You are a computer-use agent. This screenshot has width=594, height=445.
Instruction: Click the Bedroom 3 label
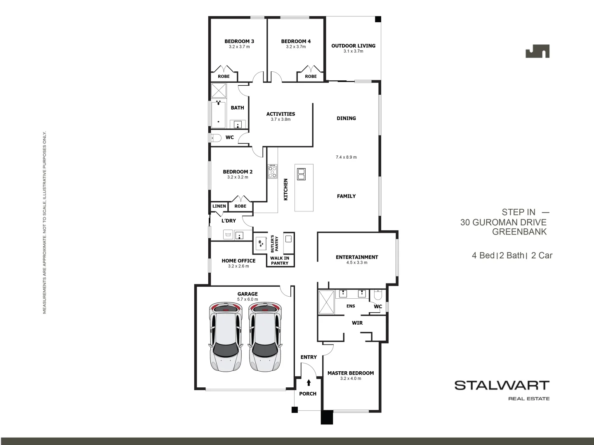click(239, 41)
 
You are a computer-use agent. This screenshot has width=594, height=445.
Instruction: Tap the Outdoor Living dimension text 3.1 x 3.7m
click(353, 52)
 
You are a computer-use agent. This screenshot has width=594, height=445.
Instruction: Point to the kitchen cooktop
click(272, 171)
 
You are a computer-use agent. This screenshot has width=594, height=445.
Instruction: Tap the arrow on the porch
click(309, 383)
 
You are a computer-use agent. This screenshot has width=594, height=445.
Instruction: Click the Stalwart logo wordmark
click(502, 386)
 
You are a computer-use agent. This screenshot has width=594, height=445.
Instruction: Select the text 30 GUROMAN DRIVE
click(503, 222)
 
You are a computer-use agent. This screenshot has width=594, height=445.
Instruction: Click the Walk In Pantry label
click(280, 261)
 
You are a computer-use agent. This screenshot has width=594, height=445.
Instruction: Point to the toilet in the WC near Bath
click(215, 138)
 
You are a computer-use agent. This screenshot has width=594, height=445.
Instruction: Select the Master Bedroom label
click(351, 373)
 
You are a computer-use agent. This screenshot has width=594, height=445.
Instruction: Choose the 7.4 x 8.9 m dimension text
click(346, 157)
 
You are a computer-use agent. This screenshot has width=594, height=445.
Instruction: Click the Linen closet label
click(219, 206)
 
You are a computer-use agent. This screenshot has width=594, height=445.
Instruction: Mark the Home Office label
click(238, 260)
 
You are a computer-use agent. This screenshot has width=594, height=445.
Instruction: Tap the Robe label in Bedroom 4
click(311, 76)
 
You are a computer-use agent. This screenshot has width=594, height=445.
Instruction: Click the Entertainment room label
click(357, 257)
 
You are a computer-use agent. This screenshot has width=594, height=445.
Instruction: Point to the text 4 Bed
click(483, 255)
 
